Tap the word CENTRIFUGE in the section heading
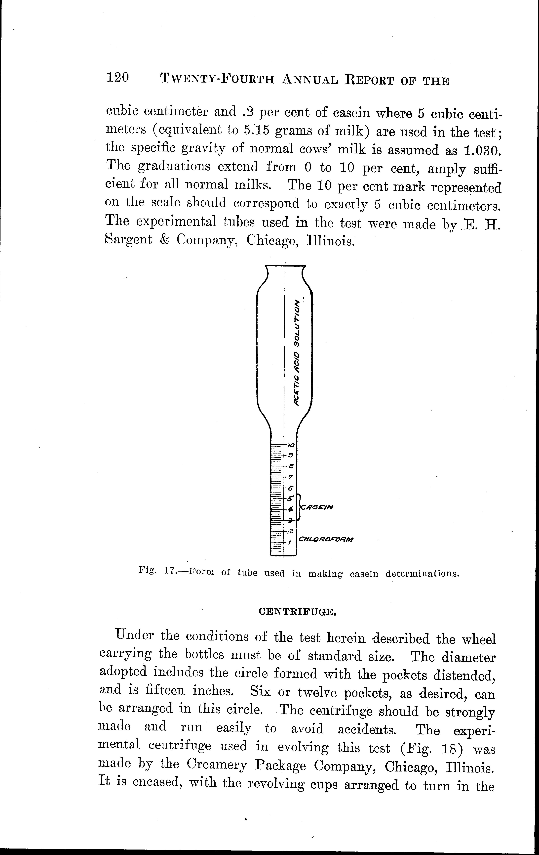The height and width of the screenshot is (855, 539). click(x=297, y=612)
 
